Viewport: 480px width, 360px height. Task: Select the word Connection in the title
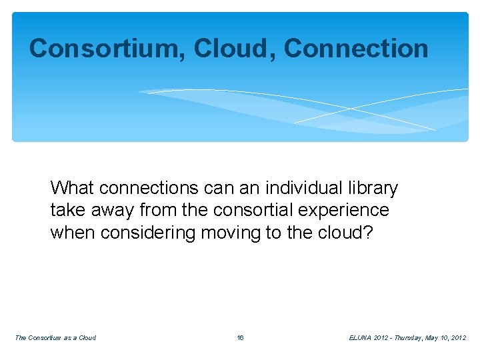(356, 48)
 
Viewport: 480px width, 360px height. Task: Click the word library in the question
(370, 189)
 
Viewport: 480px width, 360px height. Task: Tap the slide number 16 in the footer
(240, 338)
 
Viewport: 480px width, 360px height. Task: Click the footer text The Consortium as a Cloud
(55, 338)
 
